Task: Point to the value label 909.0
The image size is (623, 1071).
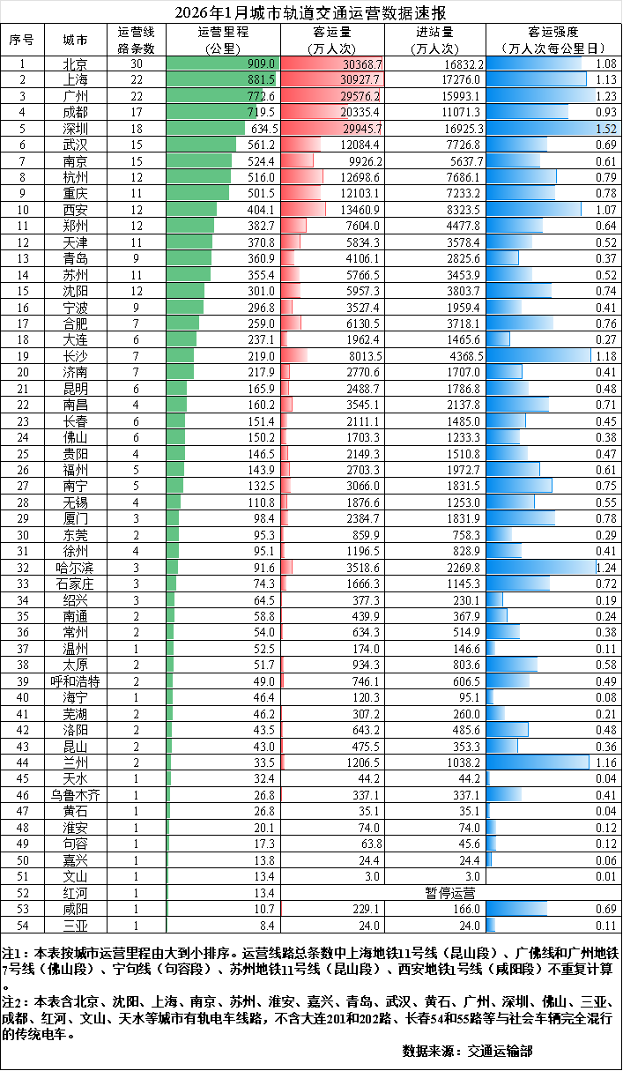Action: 262,64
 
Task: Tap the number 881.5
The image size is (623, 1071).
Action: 262,80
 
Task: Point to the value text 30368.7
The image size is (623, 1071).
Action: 362,64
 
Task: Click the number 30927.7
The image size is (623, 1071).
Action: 362,80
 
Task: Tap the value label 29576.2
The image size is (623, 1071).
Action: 360,96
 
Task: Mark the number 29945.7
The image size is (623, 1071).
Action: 361,129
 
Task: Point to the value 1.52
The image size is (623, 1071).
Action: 605,129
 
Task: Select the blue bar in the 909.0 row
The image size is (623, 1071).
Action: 533,63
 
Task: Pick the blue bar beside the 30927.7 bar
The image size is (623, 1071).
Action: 536,79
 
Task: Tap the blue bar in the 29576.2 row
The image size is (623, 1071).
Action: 540,95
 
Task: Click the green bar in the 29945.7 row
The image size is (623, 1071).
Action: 205,128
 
